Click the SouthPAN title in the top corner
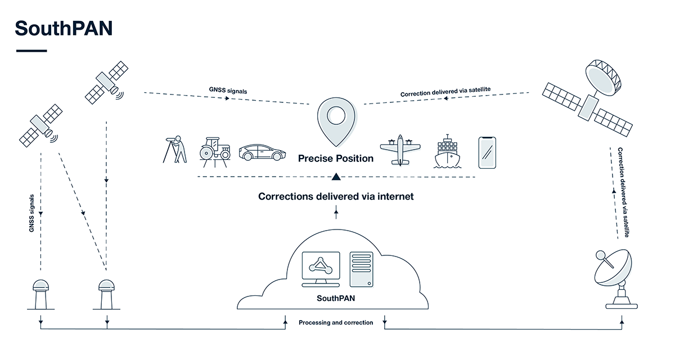pyautogui.click(x=64, y=28)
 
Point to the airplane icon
pyautogui.click(x=400, y=150)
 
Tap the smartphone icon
pyautogui.click(x=487, y=152)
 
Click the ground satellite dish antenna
pyautogui.click(x=615, y=278)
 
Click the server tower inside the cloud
pyautogui.click(x=361, y=270)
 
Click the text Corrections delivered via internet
pyautogui.click(x=336, y=196)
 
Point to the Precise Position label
pyautogui.click(x=336, y=159)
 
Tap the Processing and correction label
pyautogui.click(x=336, y=322)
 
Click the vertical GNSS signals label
pyautogui.click(x=32, y=213)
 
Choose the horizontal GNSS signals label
pyautogui.click(x=227, y=90)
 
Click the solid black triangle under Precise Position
pyautogui.click(x=336, y=177)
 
